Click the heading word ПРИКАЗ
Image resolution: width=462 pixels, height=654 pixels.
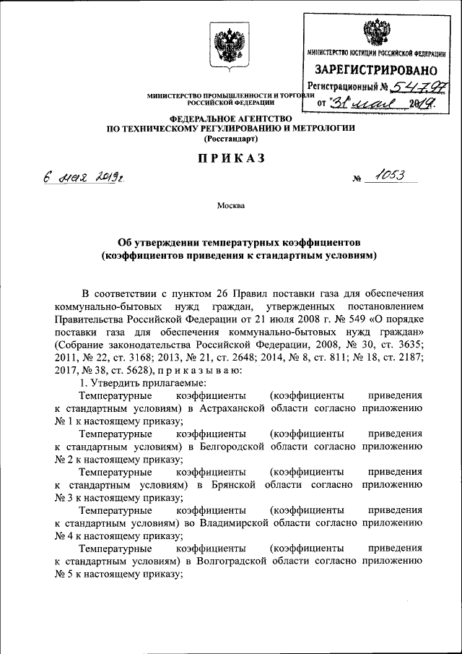pyautogui.click(x=230, y=158)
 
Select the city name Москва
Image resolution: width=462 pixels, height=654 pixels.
pyautogui.click(x=231, y=205)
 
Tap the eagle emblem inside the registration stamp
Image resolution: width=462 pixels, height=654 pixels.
pyautogui.click(x=375, y=32)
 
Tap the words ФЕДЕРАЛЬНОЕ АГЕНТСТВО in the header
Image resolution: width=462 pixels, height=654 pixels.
pyautogui.click(x=230, y=119)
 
